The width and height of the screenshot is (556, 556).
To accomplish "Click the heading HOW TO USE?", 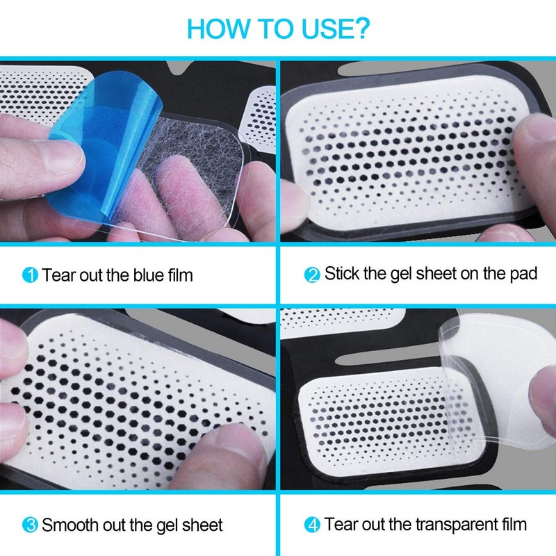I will pos(278,29).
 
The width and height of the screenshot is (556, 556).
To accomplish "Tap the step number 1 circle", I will pos(30,275).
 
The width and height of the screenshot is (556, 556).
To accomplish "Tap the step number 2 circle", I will pos(313,275).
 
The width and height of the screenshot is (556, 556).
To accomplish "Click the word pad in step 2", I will pos(522,274).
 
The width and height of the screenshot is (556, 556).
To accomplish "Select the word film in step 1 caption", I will pos(178,275).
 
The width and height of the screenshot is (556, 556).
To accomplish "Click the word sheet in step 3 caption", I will pos(202,524).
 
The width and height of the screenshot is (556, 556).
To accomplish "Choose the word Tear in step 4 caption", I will pos(340,524).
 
